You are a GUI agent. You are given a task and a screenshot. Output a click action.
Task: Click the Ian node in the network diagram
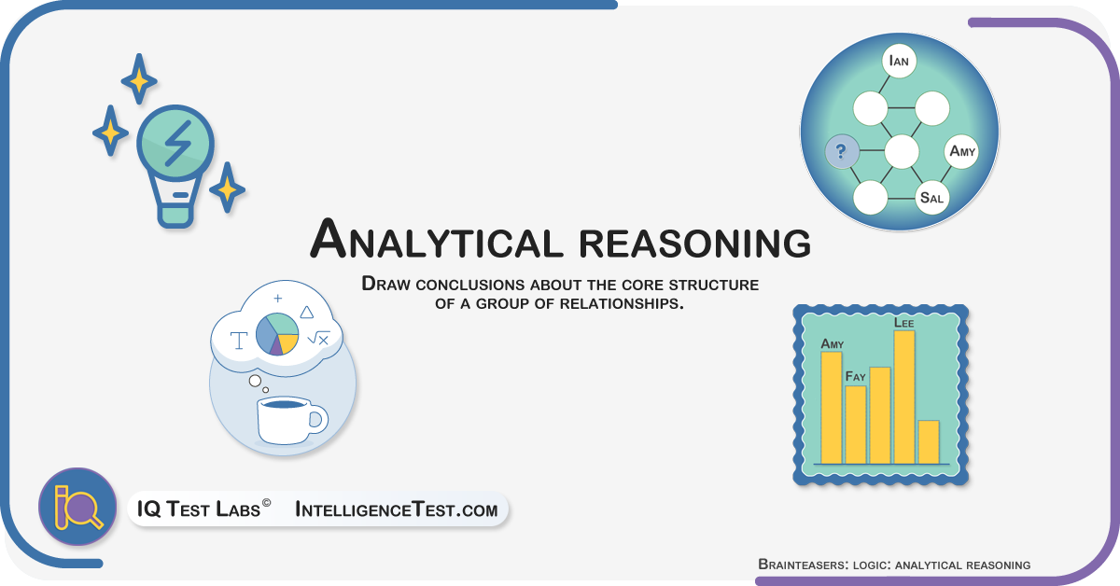click(899, 62)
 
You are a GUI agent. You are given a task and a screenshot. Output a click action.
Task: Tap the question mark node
click(842, 151)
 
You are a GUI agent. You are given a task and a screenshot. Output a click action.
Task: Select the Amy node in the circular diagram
click(961, 151)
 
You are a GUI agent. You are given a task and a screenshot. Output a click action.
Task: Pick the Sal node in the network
click(931, 198)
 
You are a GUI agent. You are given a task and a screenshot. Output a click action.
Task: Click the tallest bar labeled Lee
click(904, 398)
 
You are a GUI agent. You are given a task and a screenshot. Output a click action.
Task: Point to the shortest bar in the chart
click(929, 442)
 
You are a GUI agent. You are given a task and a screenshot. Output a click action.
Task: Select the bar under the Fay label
click(856, 425)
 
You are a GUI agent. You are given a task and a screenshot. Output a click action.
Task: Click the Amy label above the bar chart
click(832, 344)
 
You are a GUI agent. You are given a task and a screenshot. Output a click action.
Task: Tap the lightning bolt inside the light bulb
click(177, 144)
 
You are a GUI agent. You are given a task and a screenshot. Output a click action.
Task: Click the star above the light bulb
click(139, 80)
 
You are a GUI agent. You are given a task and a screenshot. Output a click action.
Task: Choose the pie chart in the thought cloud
click(277, 334)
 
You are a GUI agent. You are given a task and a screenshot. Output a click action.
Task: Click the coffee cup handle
click(317, 419)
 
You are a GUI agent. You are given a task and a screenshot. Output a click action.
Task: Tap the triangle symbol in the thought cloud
click(306, 313)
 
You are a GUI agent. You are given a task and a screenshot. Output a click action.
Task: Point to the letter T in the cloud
click(239, 341)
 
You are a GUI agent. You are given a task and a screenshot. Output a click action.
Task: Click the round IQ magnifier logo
click(78, 507)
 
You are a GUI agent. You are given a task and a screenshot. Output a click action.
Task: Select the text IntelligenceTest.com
click(397, 509)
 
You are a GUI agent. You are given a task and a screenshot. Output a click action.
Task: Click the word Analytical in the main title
click(433, 240)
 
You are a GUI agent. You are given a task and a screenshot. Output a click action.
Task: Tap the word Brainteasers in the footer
click(803, 565)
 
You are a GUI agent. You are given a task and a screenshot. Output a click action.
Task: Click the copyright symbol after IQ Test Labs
click(267, 503)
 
